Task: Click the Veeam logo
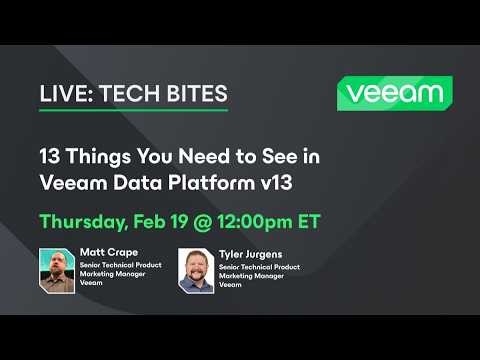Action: point(393,94)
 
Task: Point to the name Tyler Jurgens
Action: point(249,253)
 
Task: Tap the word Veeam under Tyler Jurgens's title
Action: point(230,285)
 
